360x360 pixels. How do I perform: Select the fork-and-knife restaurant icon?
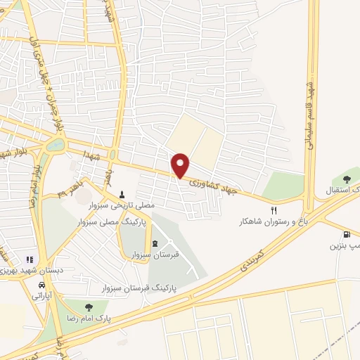[275, 210]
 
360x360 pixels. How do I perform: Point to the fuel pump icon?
[346, 235]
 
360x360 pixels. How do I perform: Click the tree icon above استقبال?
[345, 179]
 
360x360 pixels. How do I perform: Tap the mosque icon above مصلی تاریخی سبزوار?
[123, 195]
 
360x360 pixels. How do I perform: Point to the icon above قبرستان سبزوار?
[155, 243]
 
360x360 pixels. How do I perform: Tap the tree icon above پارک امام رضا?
[88, 307]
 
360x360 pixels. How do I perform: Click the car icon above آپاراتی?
[42, 285]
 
